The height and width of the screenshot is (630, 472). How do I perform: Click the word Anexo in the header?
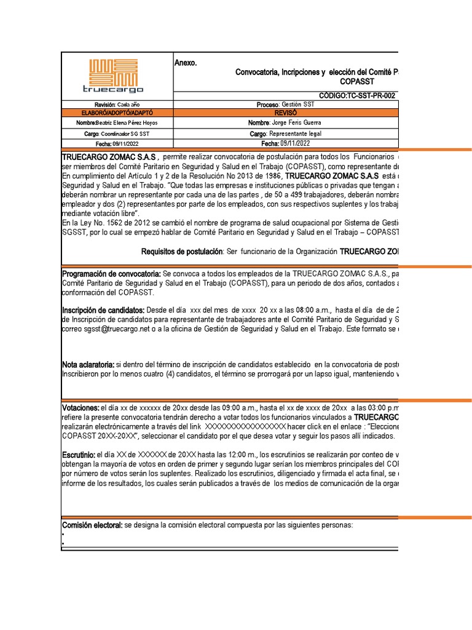[x=186, y=63]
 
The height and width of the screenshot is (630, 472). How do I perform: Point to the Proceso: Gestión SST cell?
[x=285, y=105]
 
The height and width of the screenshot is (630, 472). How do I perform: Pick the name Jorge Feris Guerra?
[x=296, y=123]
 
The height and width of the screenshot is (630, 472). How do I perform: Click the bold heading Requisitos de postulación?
[x=182, y=252]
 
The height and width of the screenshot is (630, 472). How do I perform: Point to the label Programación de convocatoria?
[x=111, y=273]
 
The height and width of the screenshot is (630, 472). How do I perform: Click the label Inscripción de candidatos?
[x=103, y=309]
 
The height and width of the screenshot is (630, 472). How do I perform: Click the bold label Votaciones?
[x=80, y=408]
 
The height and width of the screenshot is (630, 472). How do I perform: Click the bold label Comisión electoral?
[x=92, y=525]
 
